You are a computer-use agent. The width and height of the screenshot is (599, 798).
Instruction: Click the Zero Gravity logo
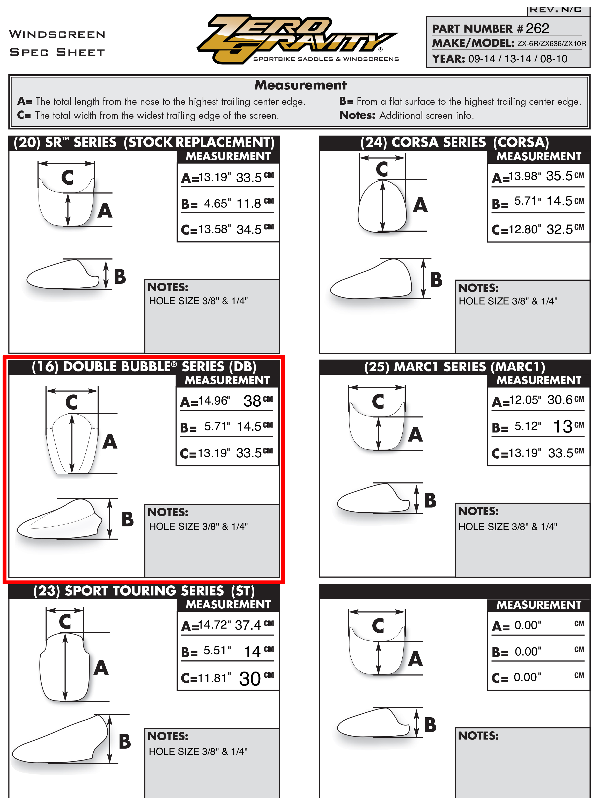coord(298,39)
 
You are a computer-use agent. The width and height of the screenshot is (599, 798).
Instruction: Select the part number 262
coord(537,28)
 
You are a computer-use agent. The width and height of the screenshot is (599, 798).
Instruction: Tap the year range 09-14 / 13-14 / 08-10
coord(517,59)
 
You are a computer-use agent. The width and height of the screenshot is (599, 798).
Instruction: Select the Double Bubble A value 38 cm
coord(258,401)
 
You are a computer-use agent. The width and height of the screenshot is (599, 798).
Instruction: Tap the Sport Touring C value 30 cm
coord(256,678)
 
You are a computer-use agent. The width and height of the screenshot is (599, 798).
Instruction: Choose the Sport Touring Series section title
coord(144,591)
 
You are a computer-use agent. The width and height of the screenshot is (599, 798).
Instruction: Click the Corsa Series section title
coord(454,143)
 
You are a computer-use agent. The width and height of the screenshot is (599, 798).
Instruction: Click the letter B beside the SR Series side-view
coord(120,277)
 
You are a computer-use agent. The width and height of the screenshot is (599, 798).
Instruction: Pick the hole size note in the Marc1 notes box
coord(508,527)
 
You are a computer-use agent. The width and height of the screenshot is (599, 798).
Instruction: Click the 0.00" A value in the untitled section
coord(528,625)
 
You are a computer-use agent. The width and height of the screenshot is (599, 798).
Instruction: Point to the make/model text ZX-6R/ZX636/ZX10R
coord(552,44)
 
